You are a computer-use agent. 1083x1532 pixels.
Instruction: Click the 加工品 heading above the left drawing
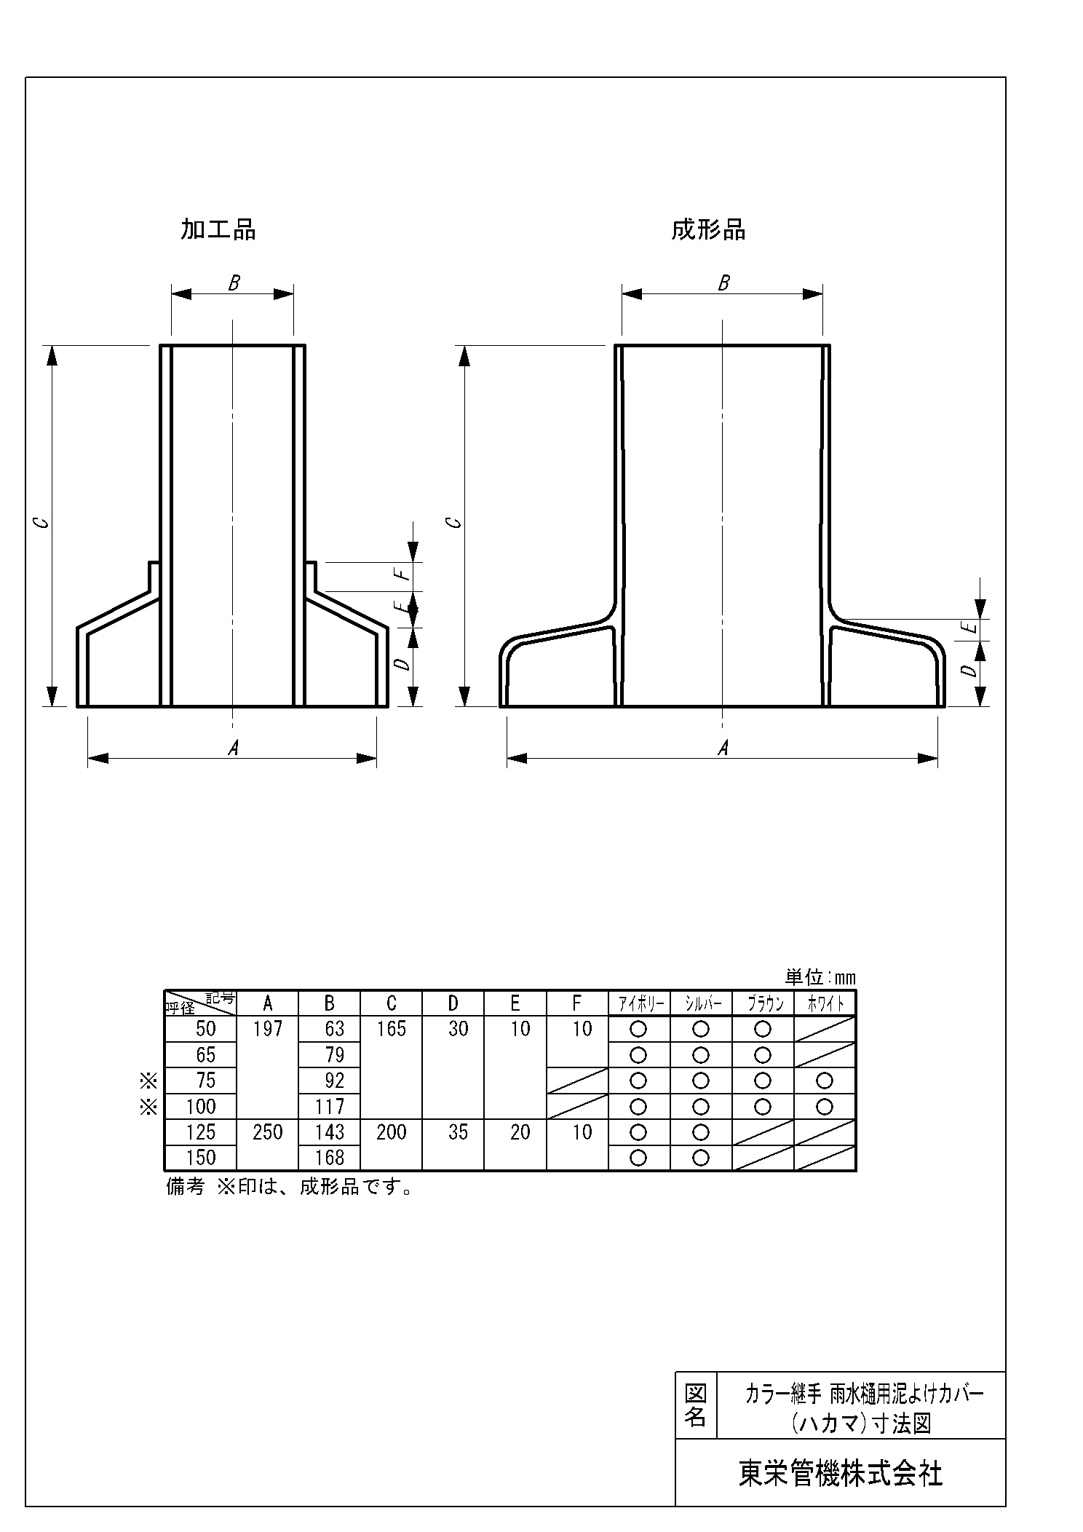coord(218,230)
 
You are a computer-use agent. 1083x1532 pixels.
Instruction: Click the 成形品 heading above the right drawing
coord(707,230)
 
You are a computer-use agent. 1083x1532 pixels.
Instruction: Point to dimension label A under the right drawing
coord(723,748)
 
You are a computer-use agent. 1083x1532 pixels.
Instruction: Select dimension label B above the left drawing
coord(234,283)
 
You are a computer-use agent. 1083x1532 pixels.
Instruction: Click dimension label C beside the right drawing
coord(453,523)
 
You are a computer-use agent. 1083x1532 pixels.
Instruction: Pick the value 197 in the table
coord(267,1029)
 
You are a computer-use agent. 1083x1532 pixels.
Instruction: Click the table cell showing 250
coord(267,1132)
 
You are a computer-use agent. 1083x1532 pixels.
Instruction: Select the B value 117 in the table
coord(330,1107)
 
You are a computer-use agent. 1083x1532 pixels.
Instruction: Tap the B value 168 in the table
coord(330,1158)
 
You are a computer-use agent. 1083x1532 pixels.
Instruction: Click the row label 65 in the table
coord(205,1055)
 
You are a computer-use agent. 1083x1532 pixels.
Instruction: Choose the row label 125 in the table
coord(201,1132)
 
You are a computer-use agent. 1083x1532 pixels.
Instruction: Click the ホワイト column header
coord(825,1004)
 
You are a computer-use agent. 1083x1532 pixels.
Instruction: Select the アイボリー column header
coord(639,1004)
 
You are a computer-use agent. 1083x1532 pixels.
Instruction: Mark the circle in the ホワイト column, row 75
coord(825,1081)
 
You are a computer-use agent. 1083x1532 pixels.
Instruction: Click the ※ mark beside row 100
coord(149,1107)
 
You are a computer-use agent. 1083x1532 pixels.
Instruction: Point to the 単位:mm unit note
coord(820,977)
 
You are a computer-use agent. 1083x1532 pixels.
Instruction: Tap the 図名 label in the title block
coord(696,1405)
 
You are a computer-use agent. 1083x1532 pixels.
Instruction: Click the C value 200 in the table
coord(391,1132)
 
